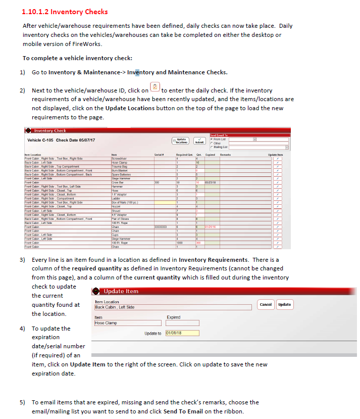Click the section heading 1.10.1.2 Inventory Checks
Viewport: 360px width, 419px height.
[65, 12]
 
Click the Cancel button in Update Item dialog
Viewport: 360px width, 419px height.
[266, 304]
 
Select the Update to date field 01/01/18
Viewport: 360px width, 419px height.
[182, 333]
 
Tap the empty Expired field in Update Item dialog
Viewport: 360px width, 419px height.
[182, 322]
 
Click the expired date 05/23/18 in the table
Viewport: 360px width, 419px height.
[211, 182]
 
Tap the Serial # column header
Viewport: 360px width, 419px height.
[157, 155]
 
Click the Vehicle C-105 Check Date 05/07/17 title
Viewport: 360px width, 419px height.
[61, 140]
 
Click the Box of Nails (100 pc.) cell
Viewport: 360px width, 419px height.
[125, 202]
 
